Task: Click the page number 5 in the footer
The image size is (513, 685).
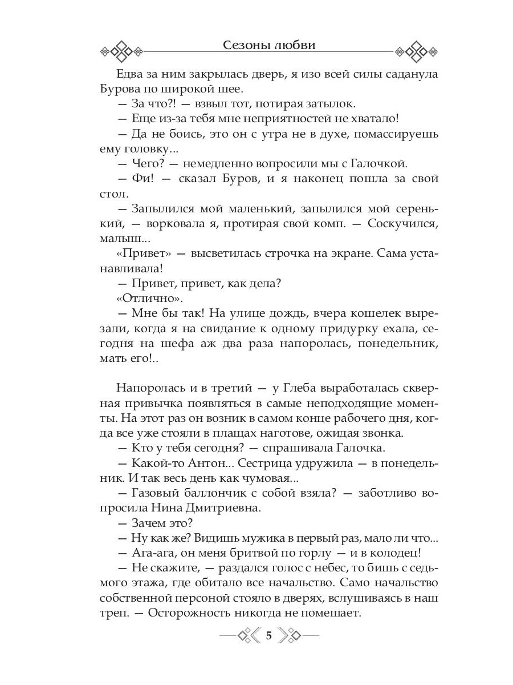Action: (x=269, y=635)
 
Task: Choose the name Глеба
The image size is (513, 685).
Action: (x=296, y=388)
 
